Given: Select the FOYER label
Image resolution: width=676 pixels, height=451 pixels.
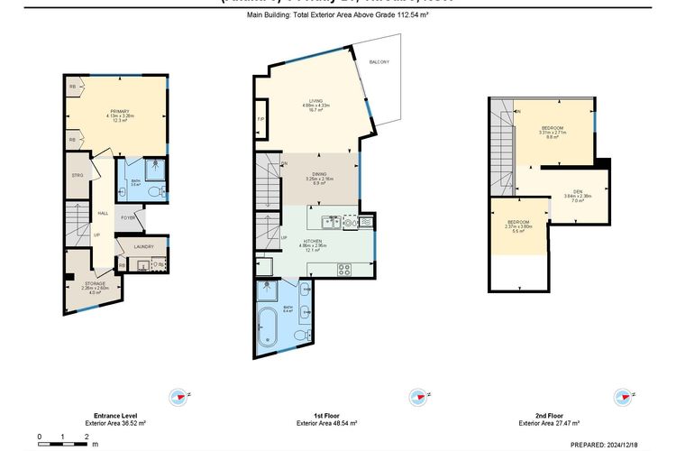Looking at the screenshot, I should point(128,217).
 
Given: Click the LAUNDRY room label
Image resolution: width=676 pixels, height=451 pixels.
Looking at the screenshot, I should point(143,246).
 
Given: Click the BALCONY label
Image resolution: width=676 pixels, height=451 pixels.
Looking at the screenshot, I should point(379,61).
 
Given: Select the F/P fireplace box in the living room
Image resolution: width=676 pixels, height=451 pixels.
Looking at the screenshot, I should point(260,119).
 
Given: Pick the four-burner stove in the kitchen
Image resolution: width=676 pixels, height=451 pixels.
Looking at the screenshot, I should point(344,267).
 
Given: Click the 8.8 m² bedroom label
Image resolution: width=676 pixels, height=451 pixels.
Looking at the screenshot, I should point(553,133).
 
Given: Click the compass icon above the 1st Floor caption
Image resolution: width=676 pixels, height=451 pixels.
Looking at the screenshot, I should point(417,396).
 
